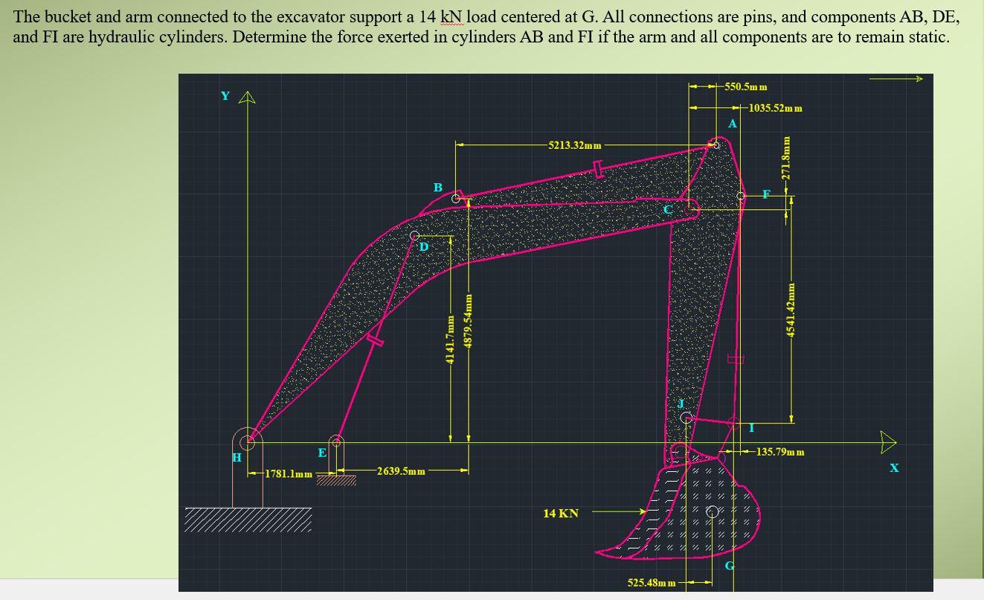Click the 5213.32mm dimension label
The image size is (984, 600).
tap(574, 145)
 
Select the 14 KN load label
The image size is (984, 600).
tap(561, 513)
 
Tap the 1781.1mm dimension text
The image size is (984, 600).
tap(289, 474)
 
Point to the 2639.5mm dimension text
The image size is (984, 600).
tap(401, 471)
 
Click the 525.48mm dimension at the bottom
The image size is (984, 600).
tap(652, 582)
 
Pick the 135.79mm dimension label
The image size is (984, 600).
tap(780, 452)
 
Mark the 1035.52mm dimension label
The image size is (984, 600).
tap(775, 108)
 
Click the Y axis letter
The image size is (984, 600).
tap(225, 96)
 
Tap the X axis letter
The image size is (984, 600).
tap(894, 467)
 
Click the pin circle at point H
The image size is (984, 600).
tap(247, 441)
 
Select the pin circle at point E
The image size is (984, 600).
tap(337, 442)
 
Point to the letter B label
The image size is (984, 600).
tap(438, 188)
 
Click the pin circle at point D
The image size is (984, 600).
tap(415, 236)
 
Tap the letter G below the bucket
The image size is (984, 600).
tap(730, 565)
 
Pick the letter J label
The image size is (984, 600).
tap(680, 403)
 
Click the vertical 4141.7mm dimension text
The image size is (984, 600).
tap(449, 339)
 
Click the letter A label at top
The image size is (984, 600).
tap(732, 124)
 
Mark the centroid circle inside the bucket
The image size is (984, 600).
tap(712, 511)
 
